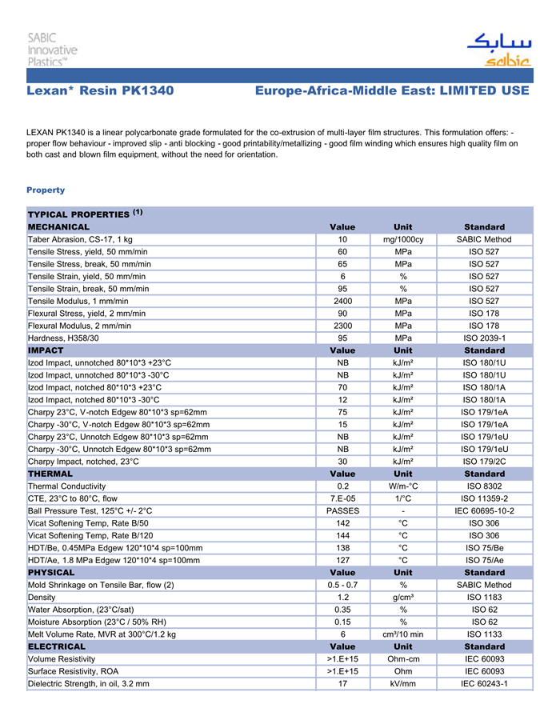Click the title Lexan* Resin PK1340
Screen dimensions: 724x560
[x=100, y=91]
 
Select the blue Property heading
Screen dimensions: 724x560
[x=46, y=190]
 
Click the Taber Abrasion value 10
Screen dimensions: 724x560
[x=342, y=239]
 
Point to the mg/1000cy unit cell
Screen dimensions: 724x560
[x=403, y=239]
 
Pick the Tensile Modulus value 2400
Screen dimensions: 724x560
[x=342, y=301]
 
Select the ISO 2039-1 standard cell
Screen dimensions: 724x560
[x=484, y=338]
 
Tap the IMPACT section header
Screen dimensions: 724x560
[x=46, y=350]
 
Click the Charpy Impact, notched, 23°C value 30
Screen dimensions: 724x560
[x=342, y=462]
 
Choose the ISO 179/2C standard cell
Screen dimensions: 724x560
[x=484, y=462]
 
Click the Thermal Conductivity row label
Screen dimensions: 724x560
[x=67, y=486]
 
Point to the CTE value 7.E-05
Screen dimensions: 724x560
[x=342, y=498]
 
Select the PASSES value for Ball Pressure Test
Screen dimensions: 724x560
[x=342, y=511]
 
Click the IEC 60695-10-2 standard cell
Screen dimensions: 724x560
[x=484, y=511]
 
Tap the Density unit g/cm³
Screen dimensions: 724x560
[x=403, y=598]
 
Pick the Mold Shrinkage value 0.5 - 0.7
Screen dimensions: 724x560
[x=342, y=585]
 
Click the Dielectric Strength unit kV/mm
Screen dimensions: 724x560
[x=403, y=684]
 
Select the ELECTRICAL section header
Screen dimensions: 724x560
[x=57, y=646]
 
